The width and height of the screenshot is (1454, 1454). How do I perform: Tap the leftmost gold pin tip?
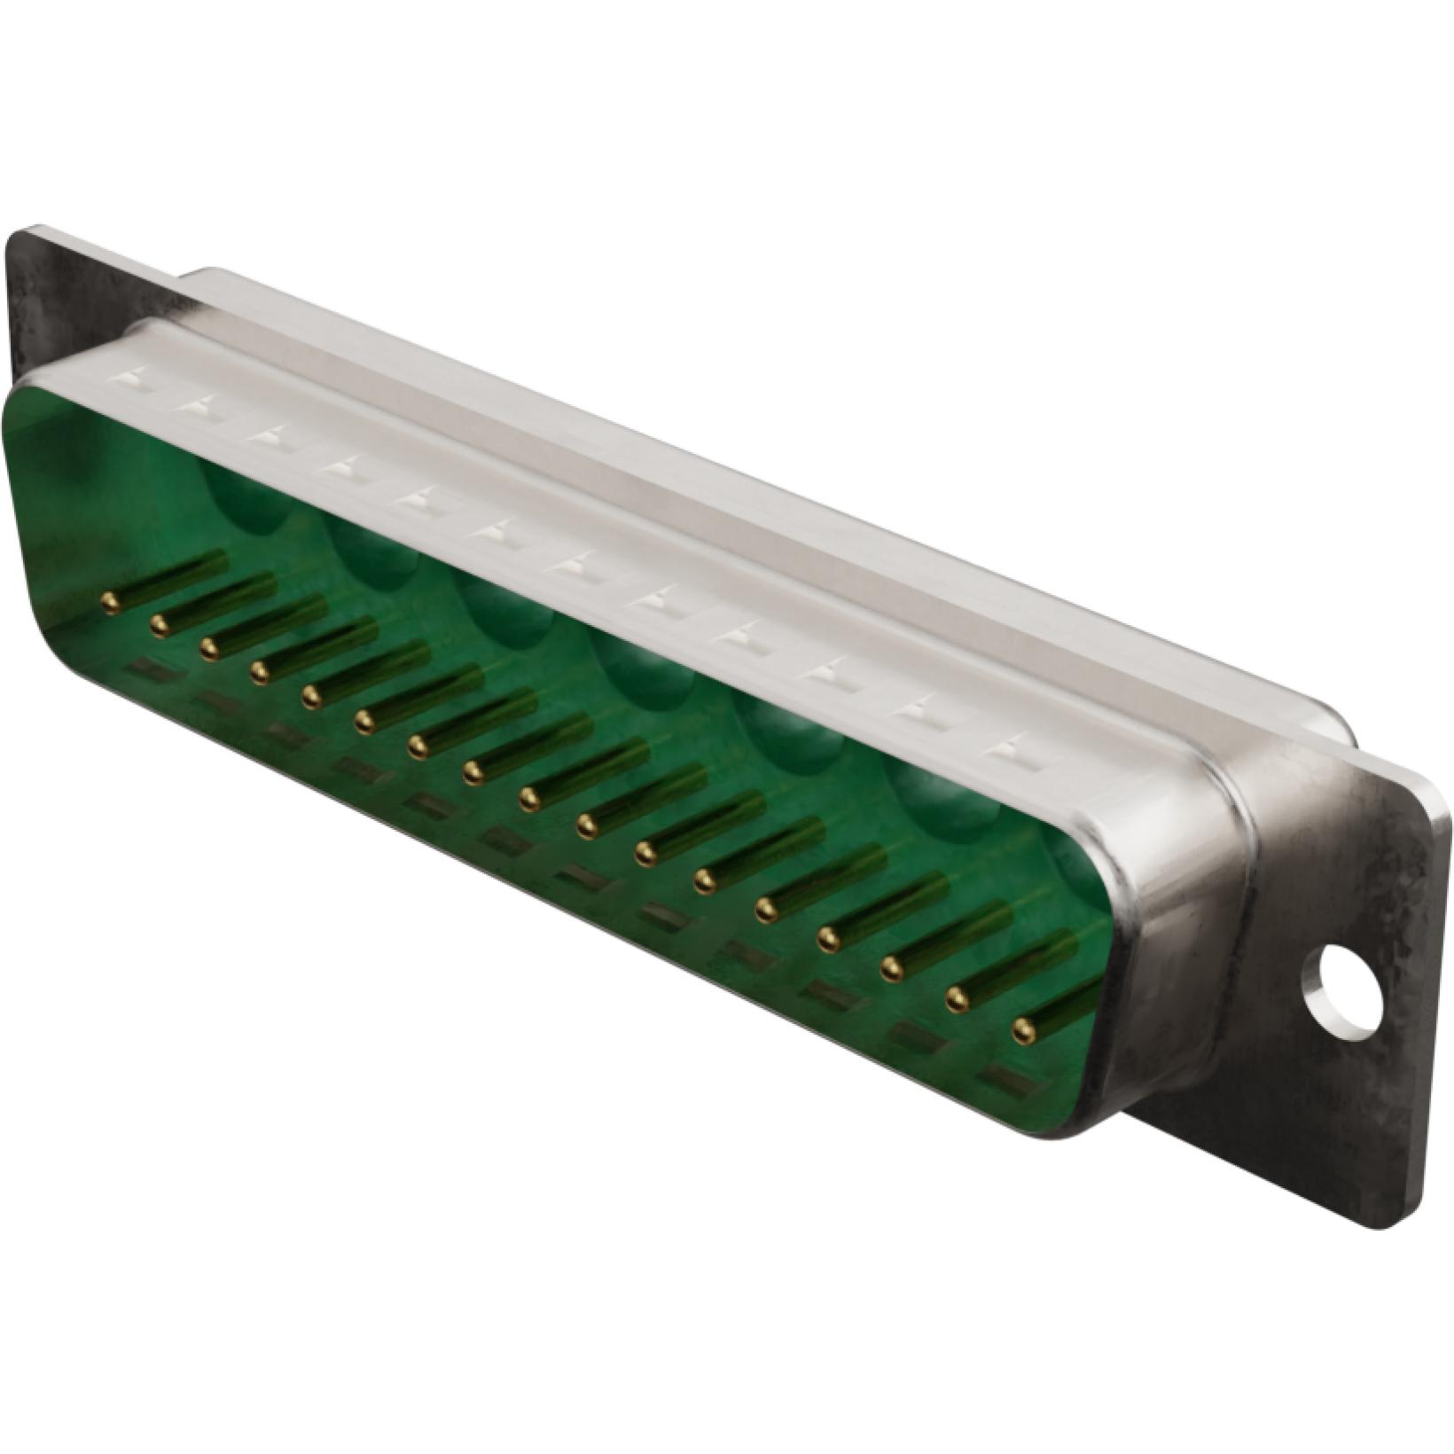(x=110, y=605)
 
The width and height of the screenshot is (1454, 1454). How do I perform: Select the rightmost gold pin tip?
(x=1023, y=1029)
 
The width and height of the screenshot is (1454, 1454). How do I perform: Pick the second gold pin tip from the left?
(x=160, y=626)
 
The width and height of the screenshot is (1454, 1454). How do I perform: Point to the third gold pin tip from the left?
(x=210, y=649)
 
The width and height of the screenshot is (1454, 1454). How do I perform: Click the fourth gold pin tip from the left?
(x=260, y=674)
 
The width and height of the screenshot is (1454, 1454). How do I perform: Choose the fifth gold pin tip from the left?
(x=311, y=698)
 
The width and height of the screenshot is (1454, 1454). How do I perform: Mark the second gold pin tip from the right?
(x=957, y=999)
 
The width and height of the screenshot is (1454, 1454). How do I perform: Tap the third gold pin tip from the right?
(x=892, y=969)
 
